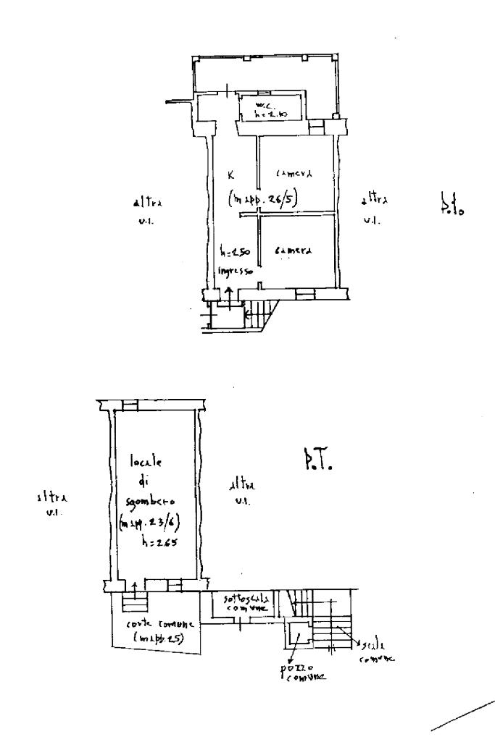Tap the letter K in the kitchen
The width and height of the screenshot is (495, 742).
230,174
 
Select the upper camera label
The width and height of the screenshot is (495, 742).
294,174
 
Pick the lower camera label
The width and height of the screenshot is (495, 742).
293,250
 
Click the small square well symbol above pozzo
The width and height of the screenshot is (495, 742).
298,636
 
